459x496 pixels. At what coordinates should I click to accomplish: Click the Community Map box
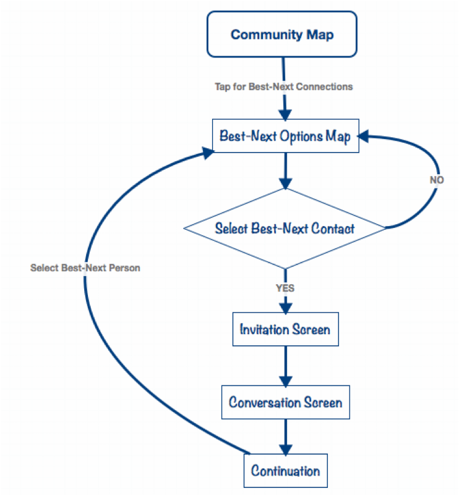[281, 35]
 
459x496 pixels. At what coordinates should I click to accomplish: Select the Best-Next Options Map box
[285, 137]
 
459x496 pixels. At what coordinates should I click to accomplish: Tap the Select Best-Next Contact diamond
[285, 228]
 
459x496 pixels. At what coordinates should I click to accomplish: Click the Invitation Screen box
[285, 329]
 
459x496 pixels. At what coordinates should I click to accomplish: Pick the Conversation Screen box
[285, 403]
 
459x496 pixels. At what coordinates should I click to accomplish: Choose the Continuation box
[285, 471]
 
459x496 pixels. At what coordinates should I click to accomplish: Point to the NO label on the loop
[437, 180]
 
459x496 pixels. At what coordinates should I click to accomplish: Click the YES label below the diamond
[285, 288]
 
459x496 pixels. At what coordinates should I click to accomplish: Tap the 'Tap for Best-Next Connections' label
[283, 86]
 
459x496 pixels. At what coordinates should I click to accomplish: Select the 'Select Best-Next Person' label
[85, 268]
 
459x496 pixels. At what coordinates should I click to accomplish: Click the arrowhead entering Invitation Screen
[285, 307]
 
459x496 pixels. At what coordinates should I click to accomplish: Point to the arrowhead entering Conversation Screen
[285, 380]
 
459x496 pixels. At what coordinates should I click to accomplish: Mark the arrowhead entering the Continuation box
[285, 449]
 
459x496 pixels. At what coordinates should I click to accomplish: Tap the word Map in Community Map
[320, 35]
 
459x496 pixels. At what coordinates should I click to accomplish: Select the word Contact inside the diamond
[334, 228]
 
